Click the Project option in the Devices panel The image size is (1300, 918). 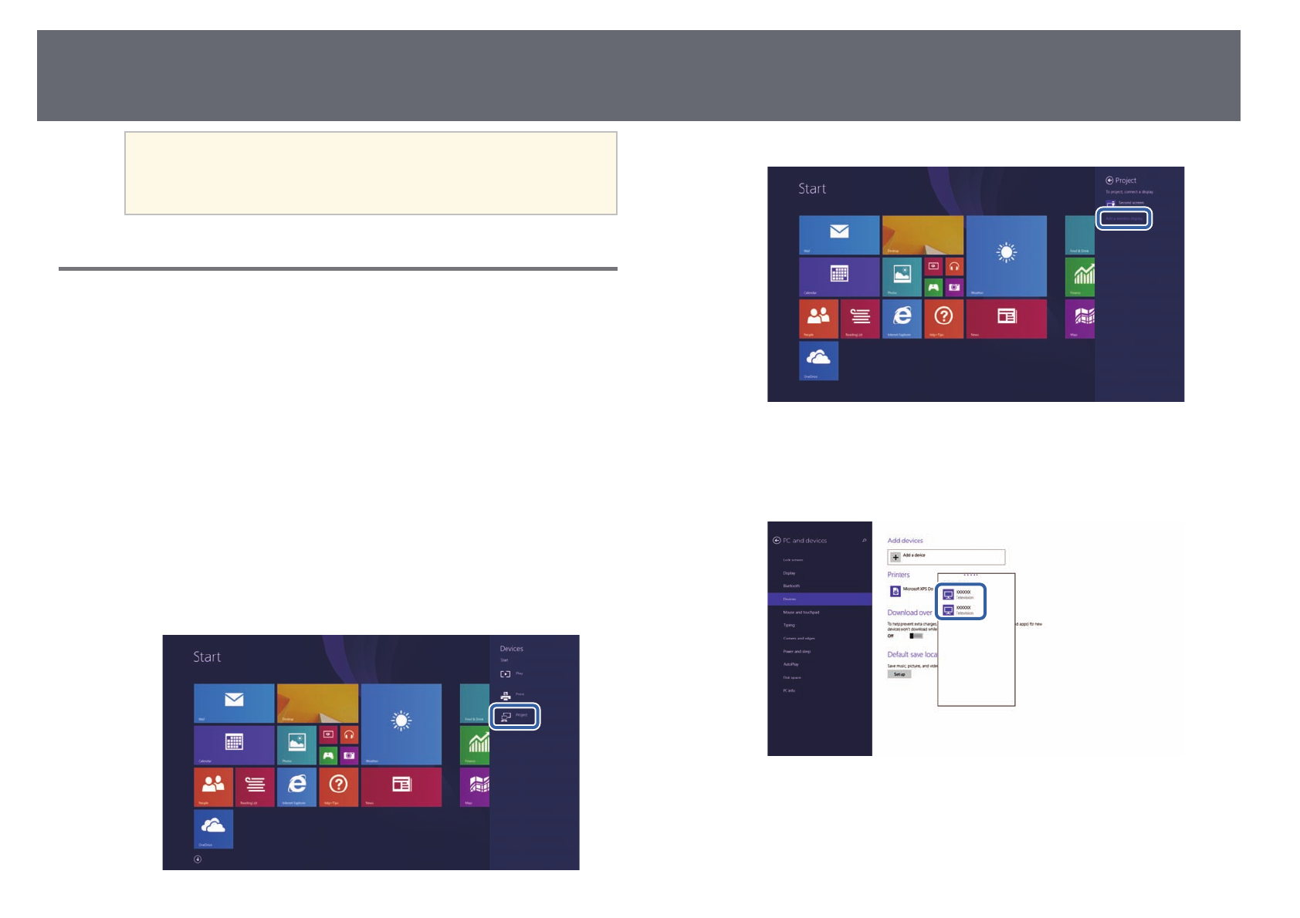coord(514,716)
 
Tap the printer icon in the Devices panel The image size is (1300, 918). coord(506,695)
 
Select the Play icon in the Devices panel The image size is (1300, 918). coord(506,674)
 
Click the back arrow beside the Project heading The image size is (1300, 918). coord(1109,181)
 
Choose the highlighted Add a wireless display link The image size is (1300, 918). coord(1124,218)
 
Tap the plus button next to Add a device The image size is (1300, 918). coord(895,557)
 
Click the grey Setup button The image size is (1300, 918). coord(899,674)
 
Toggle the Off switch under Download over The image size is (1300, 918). coord(916,636)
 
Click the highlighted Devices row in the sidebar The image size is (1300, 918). coord(819,599)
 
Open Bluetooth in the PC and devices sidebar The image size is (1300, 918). coord(792,586)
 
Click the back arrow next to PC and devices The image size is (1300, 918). coord(777,541)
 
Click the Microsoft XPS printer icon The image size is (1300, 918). coord(895,591)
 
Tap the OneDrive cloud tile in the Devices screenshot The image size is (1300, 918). coord(213,829)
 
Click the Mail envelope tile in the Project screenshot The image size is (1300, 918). coord(839,235)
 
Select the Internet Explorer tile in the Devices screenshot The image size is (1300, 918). coord(296,786)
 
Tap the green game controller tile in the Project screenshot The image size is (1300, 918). coord(933,287)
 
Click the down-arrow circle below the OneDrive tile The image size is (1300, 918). coord(198,859)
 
